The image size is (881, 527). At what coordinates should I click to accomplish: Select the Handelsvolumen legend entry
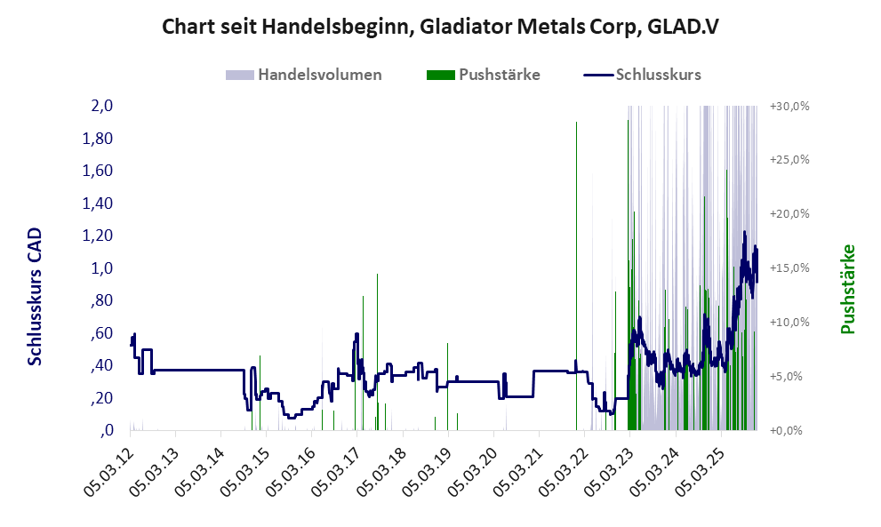coord(319,75)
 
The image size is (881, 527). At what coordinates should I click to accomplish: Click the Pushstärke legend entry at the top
coord(499,75)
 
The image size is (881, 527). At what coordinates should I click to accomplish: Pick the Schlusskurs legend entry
coord(658,75)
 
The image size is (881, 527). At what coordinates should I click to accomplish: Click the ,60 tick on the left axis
coord(102,333)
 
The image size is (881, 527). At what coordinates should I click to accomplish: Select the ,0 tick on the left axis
coord(107,430)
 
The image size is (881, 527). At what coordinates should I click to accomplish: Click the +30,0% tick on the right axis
coord(789,106)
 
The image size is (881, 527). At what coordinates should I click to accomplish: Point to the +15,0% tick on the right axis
coord(789,268)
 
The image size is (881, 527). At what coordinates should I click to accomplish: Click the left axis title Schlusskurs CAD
coord(35,296)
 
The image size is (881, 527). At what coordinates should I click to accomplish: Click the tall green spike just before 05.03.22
coord(576,267)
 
